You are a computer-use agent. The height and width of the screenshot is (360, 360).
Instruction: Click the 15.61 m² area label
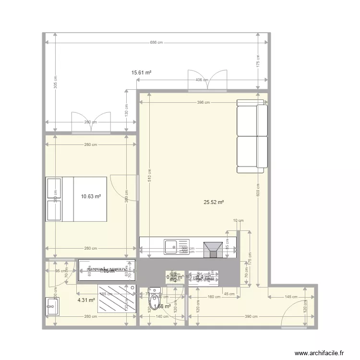[x=142, y=72]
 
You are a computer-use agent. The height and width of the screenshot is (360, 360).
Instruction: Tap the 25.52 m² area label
[x=214, y=203]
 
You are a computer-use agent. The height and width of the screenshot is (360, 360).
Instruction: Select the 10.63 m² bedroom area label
[x=91, y=196]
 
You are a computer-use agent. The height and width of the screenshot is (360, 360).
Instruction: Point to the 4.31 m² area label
[x=86, y=300]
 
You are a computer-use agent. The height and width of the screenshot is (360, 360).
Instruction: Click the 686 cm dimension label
[x=156, y=43]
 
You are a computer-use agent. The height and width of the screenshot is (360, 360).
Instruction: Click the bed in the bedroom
[x=76, y=199]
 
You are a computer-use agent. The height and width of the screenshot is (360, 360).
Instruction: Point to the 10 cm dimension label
[x=239, y=221]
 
